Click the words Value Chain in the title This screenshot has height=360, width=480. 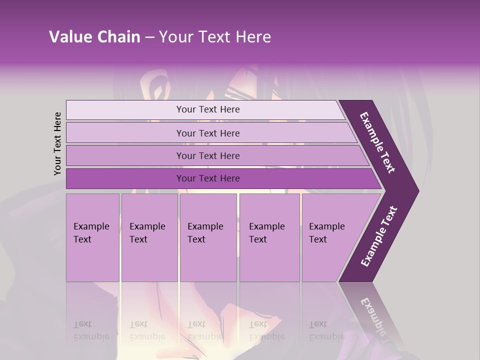pos(94,37)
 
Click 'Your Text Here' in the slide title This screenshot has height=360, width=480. pos(215,37)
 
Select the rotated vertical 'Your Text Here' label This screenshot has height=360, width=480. pos(57,143)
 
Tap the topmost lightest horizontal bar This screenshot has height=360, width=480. pos(125,109)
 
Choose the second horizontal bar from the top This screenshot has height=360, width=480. pos(125,133)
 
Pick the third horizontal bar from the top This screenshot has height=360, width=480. pos(125,155)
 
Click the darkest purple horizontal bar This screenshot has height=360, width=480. pos(125,178)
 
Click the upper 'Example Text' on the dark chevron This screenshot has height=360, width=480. pos(378,142)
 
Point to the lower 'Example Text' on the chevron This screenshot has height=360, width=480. pos(378,236)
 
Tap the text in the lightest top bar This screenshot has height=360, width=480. pos(208,109)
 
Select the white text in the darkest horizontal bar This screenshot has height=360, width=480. pos(208,178)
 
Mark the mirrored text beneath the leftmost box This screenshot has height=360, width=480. pos(91,330)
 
